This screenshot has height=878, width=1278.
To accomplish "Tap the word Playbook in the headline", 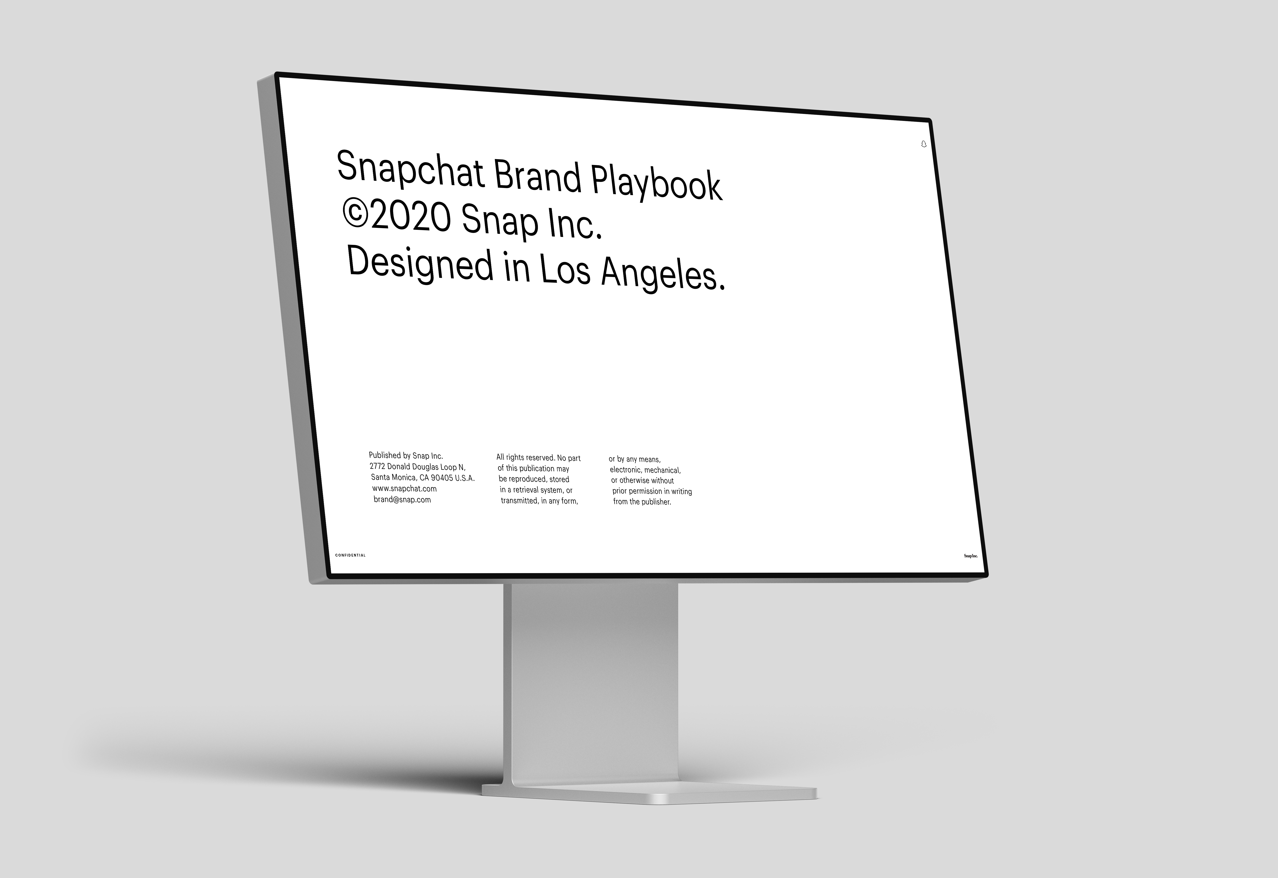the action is (x=656, y=183).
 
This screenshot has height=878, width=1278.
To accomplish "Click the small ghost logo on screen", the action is (x=924, y=144).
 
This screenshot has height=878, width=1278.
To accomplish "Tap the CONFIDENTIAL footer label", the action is (x=350, y=555).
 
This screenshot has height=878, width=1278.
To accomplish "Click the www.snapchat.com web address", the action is (x=405, y=488).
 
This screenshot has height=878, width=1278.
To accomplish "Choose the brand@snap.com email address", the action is (x=402, y=499).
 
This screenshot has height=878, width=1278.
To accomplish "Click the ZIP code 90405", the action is (x=442, y=478).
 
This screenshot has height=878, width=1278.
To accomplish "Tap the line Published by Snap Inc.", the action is (x=406, y=456).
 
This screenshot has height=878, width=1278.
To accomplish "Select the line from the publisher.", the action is (x=642, y=502).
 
